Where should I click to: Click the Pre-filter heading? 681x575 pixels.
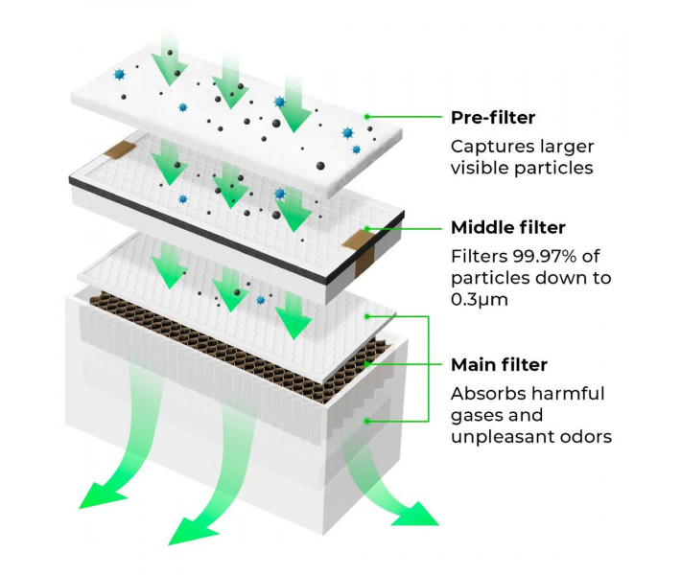[492, 118]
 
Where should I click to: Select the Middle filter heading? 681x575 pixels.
[508, 227]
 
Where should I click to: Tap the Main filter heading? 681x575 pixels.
[499, 364]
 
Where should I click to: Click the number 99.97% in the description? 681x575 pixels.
[545, 256]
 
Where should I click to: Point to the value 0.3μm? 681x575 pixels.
[479, 299]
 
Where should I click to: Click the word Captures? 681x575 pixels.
[488, 148]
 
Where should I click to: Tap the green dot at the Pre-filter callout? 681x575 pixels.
[367, 117]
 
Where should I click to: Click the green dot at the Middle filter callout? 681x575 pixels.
[367, 229]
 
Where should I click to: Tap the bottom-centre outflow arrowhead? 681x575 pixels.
[191, 532]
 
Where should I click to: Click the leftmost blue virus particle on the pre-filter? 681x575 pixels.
[119, 75]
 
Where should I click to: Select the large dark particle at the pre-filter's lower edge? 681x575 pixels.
[320, 166]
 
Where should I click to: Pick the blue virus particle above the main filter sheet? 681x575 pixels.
[261, 300]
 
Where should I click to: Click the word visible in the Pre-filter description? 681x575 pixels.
[480, 168]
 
